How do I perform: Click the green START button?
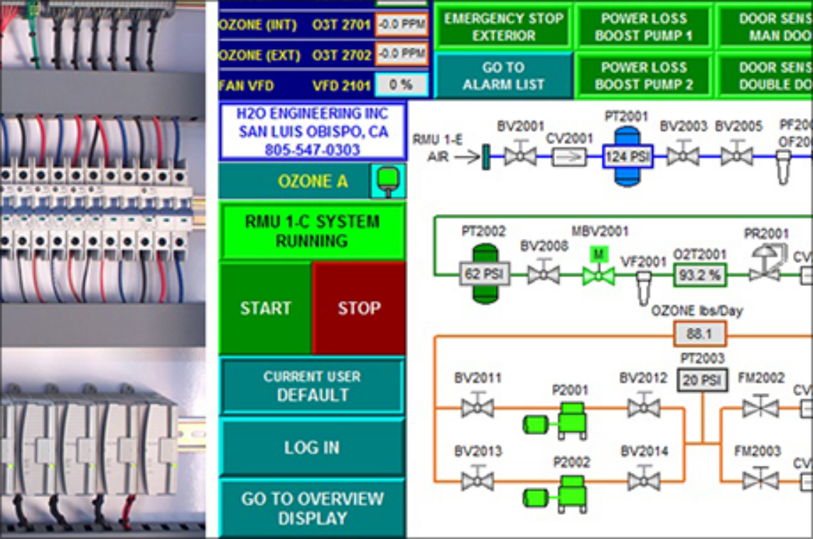[265, 307]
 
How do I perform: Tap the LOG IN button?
[312, 447]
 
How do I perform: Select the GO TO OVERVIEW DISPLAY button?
[312, 508]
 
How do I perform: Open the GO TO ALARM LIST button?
[503, 75]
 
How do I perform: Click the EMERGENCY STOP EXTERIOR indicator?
[503, 27]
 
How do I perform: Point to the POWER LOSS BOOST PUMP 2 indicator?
[643, 75]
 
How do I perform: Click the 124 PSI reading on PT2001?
[627, 156]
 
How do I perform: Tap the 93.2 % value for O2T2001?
[699, 274]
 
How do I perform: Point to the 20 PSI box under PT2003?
[702, 380]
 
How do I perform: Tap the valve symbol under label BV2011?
[477, 408]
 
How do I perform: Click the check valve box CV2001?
[569, 156]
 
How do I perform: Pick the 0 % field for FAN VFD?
[401, 85]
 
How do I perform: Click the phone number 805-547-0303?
[312, 150]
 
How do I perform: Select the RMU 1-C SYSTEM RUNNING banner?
[312, 231]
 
